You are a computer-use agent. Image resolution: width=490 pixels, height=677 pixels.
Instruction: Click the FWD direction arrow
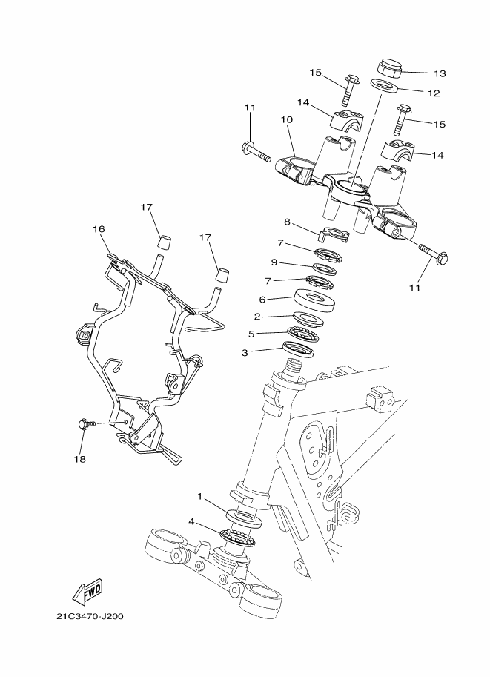(87, 591)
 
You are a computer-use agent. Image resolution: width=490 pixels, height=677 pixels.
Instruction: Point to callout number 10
(287, 119)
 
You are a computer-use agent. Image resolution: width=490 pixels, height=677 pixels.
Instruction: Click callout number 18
(79, 459)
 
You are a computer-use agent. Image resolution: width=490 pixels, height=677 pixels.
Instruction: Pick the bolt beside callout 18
(84, 424)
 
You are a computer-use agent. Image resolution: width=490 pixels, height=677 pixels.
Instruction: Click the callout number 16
(99, 230)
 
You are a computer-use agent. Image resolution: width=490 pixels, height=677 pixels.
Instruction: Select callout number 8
(287, 221)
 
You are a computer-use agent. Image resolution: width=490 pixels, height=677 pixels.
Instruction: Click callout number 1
(199, 495)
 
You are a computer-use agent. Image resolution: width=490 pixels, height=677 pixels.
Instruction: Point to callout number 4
(192, 522)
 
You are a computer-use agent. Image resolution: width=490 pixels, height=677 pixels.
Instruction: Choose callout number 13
(440, 73)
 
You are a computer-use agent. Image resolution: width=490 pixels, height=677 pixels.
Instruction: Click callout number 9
(274, 262)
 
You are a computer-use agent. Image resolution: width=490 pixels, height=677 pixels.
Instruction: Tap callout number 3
(245, 353)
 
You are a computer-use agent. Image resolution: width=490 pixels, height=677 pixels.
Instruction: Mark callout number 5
(251, 334)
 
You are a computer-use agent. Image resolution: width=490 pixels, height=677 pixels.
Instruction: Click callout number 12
(434, 93)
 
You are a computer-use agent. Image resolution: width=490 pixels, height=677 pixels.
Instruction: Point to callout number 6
(262, 299)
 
